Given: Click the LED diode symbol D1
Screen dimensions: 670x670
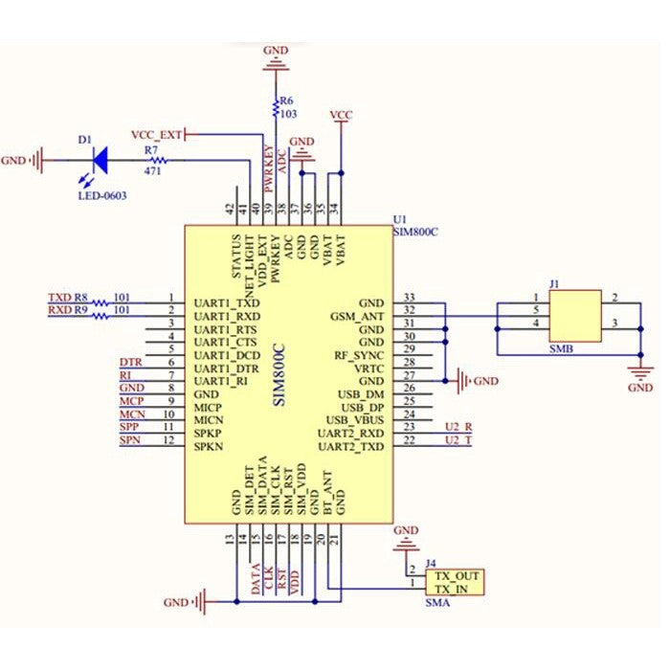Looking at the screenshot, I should point(99,160).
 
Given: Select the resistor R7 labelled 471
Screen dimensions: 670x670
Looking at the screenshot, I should point(152,161).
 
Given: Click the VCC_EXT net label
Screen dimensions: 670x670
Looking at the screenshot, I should point(156,134).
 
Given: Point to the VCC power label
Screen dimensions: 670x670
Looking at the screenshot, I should point(340,115).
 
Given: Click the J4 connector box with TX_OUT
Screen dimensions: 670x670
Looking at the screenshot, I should point(454,582).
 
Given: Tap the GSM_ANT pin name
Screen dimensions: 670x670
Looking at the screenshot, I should point(358,314).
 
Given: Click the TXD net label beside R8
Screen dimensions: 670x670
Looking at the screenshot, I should point(58,298).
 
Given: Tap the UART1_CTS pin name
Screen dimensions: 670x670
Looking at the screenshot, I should point(226,340).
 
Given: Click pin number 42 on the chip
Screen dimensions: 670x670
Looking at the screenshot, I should point(231,209).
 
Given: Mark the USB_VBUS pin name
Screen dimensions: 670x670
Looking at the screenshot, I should point(354,420).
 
